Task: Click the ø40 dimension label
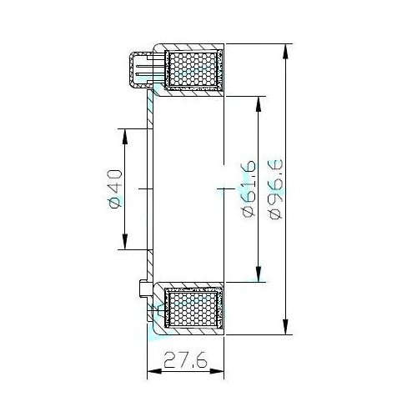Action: (115, 188)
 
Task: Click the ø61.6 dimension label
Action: (249, 188)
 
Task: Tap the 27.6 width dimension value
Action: (185, 359)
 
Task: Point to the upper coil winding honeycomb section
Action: (193, 69)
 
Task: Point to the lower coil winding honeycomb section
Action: (193, 309)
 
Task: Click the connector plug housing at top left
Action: (140, 70)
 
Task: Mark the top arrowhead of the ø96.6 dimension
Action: (285, 52)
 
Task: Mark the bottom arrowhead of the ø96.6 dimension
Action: (285, 327)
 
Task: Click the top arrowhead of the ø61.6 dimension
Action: (259, 104)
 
